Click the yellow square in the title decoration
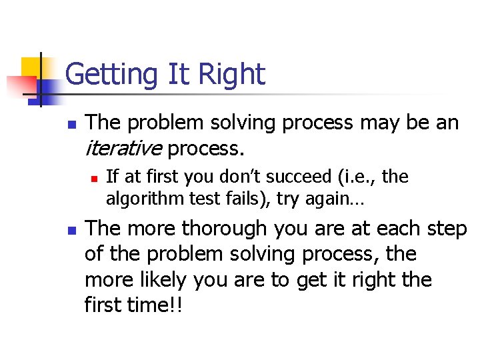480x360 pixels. [x=31, y=67]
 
